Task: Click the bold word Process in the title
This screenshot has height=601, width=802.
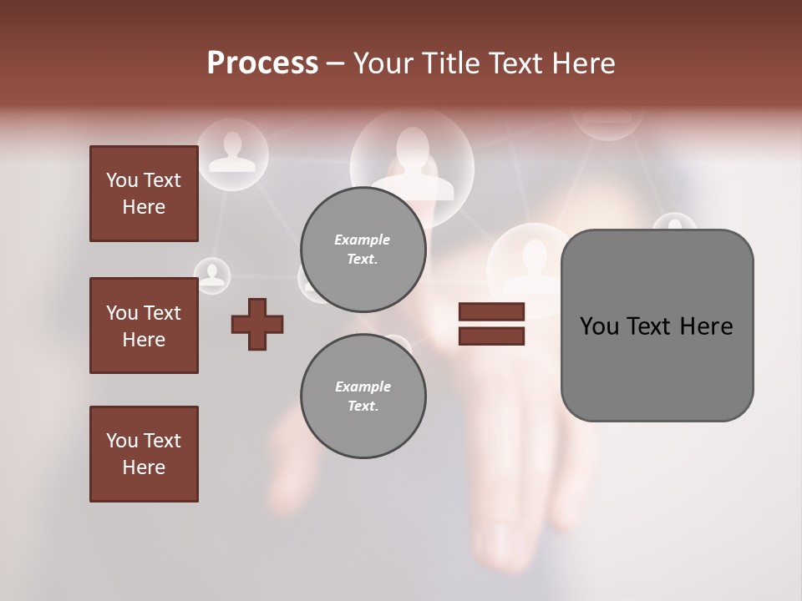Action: (x=262, y=63)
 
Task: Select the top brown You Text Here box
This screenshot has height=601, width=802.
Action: (x=144, y=194)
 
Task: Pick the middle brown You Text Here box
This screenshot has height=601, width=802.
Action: (x=144, y=326)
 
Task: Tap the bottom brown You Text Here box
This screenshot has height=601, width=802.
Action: (x=144, y=453)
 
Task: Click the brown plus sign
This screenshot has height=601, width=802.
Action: (x=257, y=324)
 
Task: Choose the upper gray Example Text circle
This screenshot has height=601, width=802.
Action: (x=363, y=249)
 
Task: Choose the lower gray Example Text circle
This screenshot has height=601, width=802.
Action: (x=363, y=396)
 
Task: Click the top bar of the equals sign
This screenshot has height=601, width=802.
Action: (x=491, y=312)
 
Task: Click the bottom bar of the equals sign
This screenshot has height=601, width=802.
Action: (x=491, y=336)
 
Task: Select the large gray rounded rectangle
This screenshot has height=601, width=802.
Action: (x=657, y=367)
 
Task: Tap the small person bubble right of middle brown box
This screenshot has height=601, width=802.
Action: (x=213, y=275)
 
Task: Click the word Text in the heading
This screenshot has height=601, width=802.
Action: (x=512, y=63)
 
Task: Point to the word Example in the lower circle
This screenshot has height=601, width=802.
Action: (x=363, y=386)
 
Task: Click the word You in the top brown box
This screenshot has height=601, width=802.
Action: (x=122, y=180)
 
